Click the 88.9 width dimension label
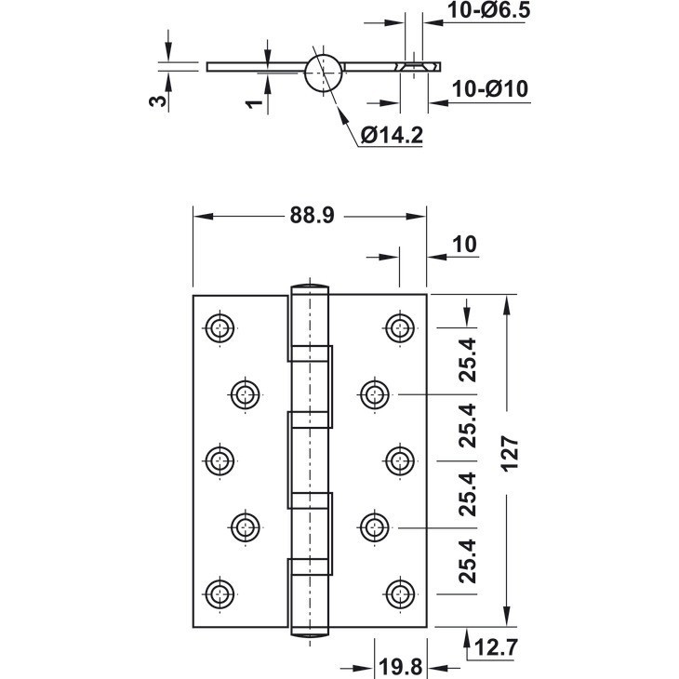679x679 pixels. (312, 215)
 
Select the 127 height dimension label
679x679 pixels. (510, 453)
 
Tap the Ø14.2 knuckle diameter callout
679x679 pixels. (392, 135)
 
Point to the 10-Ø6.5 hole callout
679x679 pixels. (488, 10)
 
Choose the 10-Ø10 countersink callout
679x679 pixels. (490, 89)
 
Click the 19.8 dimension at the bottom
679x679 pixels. (401, 666)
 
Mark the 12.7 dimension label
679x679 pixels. (497, 647)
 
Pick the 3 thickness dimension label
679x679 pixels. (157, 100)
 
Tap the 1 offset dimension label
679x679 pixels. (254, 103)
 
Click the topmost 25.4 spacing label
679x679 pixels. (467, 360)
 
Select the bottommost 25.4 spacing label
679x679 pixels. (467, 561)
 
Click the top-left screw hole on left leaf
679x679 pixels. (220, 327)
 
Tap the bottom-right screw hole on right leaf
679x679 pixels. (400, 594)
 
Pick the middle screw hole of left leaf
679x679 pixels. (220, 460)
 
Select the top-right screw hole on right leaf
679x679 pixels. (400, 327)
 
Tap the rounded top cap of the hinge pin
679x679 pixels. (310, 287)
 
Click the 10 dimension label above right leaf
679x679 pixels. (465, 245)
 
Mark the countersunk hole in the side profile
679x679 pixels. (414, 67)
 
